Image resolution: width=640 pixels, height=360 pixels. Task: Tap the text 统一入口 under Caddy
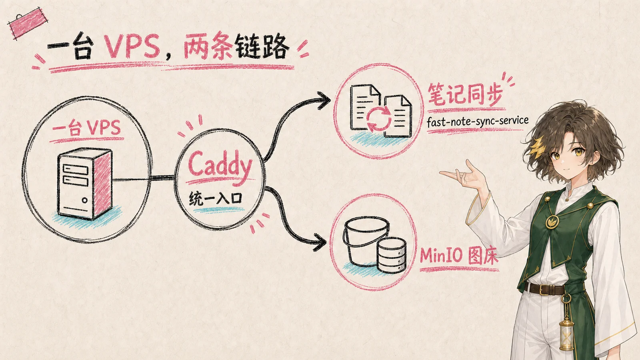pos(216,198)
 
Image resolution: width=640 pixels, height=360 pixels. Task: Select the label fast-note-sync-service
pos(478,122)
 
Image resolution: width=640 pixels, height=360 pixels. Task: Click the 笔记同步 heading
pos(465,95)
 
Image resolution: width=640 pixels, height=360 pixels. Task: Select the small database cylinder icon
pos(392,255)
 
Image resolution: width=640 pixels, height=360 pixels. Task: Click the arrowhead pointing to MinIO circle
pos(320,242)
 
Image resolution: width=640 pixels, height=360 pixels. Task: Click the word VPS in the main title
pos(132,46)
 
